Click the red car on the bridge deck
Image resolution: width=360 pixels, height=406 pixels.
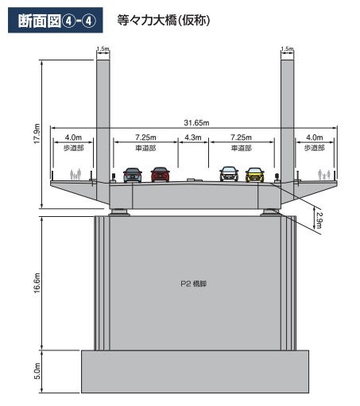click(160, 175)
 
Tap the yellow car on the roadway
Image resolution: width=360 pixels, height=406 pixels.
click(254, 175)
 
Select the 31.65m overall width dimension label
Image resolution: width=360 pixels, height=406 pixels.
click(196, 123)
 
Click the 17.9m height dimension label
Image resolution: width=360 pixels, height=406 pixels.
click(37, 133)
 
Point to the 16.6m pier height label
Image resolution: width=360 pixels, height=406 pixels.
click(37, 283)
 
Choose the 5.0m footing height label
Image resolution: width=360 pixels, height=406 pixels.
click(37, 371)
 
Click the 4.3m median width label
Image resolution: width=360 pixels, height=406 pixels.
click(193, 137)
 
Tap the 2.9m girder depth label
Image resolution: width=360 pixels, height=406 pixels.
click(319, 220)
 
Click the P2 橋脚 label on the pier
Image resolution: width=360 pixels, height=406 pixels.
click(194, 284)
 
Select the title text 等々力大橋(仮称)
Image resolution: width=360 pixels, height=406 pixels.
click(164, 21)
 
